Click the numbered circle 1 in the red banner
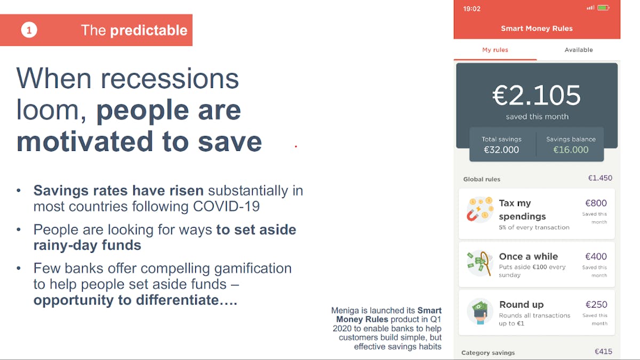click(x=29, y=30)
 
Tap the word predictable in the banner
click(x=149, y=30)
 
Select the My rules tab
click(x=495, y=50)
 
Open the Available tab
click(x=579, y=50)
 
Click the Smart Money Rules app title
click(x=537, y=28)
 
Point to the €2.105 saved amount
click(x=537, y=95)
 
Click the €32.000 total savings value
click(x=501, y=150)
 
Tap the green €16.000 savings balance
click(x=571, y=150)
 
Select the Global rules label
click(x=482, y=179)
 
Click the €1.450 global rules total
click(x=600, y=178)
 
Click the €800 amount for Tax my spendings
click(x=596, y=203)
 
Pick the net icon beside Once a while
click(x=480, y=263)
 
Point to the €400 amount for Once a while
click(x=596, y=257)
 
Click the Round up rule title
click(x=522, y=305)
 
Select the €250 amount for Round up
click(x=596, y=305)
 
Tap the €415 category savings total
click(x=603, y=351)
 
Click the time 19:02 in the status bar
click(x=471, y=9)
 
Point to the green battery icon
click(x=603, y=7)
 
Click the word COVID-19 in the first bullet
click(x=226, y=206)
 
